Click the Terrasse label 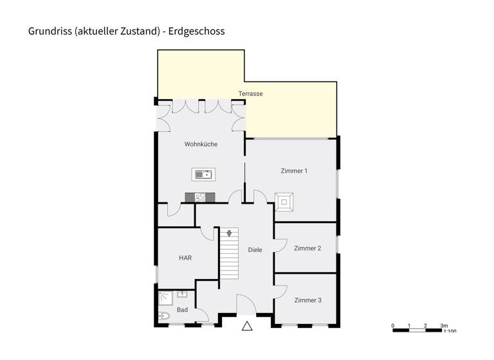coord(250,94)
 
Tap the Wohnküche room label coord(201,144)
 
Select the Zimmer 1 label coord(294,171)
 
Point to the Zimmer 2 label coord(307,248)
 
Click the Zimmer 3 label coord(307,300)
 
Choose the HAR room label coord(185,258)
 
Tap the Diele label coord(255,249)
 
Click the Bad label coord(182,310)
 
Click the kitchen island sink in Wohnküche coord(204,174)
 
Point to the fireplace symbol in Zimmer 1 coord(284,202)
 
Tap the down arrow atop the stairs coord(229,233)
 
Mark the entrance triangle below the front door coord(247,326)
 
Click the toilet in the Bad coord(163,316)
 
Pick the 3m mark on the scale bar coord(444,325)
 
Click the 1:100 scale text coord(450,332)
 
